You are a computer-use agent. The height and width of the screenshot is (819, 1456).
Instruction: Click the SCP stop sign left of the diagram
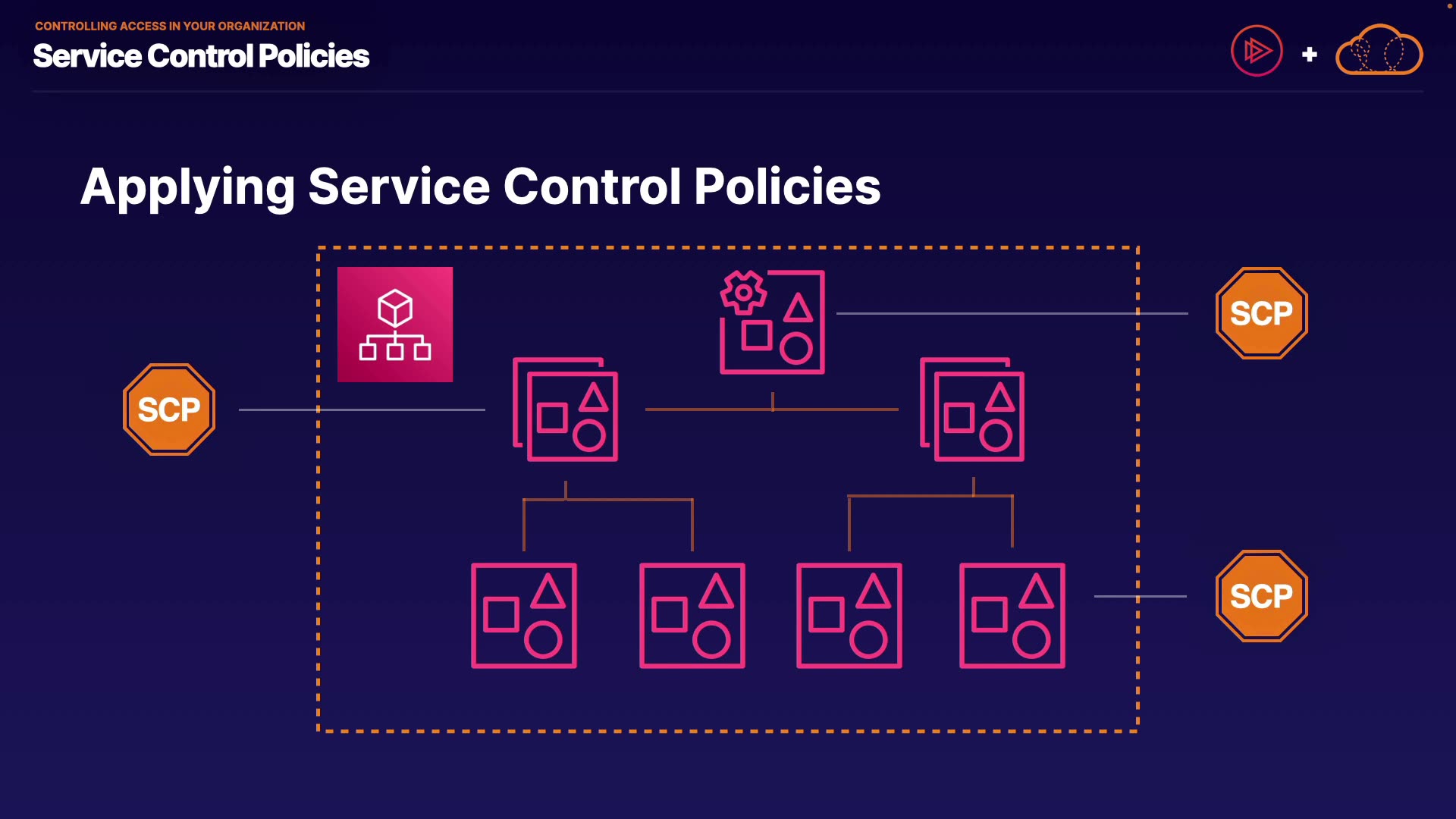point(169,409)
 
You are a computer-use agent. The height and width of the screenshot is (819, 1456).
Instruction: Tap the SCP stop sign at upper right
point(1262,313)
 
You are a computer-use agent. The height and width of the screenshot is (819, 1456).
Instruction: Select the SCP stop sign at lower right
point(1262,596)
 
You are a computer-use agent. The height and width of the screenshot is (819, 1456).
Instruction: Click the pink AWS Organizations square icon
point(395,325)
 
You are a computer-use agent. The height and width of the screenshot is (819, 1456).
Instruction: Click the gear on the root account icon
point(743,292)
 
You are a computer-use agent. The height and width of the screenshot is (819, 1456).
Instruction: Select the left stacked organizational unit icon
point(566,409)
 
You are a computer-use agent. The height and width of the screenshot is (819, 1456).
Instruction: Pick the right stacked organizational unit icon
point(972,409)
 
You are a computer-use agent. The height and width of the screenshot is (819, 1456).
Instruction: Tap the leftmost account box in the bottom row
point(524,616)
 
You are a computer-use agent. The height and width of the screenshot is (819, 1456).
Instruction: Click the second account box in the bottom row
point(692,616)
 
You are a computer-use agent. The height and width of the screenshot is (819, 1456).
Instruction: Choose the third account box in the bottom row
point(849,616)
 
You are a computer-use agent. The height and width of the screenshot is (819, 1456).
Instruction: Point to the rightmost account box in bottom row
point(1012,616)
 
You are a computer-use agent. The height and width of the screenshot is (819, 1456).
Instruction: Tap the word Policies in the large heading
point(787,187)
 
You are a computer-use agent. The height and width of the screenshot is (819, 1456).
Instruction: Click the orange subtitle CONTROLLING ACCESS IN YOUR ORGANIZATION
point(170,26)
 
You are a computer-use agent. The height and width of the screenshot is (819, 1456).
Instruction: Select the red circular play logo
point(1257,51)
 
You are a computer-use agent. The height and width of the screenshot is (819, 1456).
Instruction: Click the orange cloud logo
point(1379,51)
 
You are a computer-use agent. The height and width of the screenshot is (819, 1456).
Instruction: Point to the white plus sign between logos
point(1309,55)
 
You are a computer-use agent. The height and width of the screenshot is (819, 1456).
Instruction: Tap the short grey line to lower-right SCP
point(1140,596)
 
